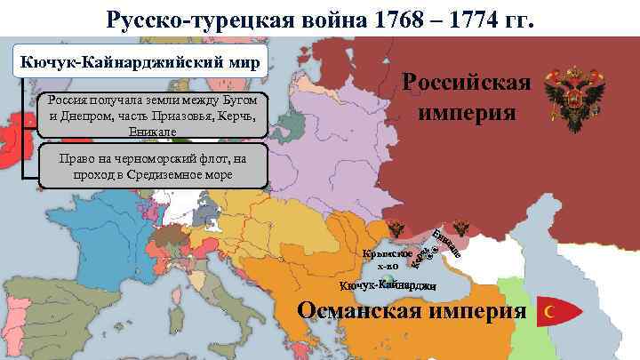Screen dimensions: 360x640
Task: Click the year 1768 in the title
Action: tap(383, 18)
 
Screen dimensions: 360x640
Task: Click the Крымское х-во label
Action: tap(386, 259)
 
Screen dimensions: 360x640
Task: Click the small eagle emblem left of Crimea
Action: tap(398, 229)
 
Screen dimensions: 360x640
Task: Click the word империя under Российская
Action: tap(466, 114)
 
